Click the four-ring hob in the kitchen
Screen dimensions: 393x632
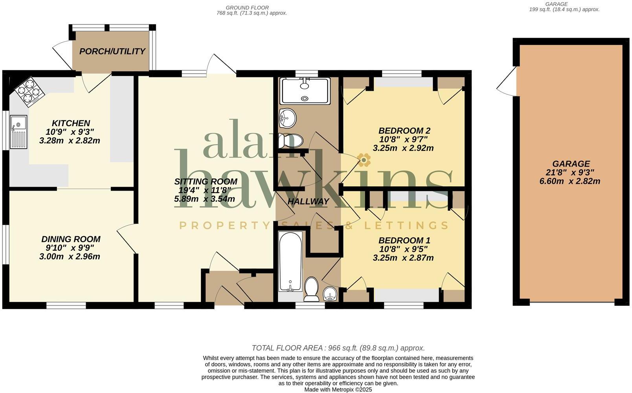click(29, 92)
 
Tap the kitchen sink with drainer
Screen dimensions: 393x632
click(18, 132)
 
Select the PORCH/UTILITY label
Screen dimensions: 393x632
click(112, 51)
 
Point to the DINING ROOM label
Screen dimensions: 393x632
click(71, 239)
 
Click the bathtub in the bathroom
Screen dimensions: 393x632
click(290, 261)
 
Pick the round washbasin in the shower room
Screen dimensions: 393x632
click(287, 118)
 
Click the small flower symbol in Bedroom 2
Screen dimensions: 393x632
click(364, 160)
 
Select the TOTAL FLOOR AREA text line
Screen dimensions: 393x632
click(338, 348)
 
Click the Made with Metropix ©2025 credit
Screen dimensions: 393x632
click(338, 390)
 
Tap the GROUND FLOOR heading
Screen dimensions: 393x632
click(247, 7)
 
